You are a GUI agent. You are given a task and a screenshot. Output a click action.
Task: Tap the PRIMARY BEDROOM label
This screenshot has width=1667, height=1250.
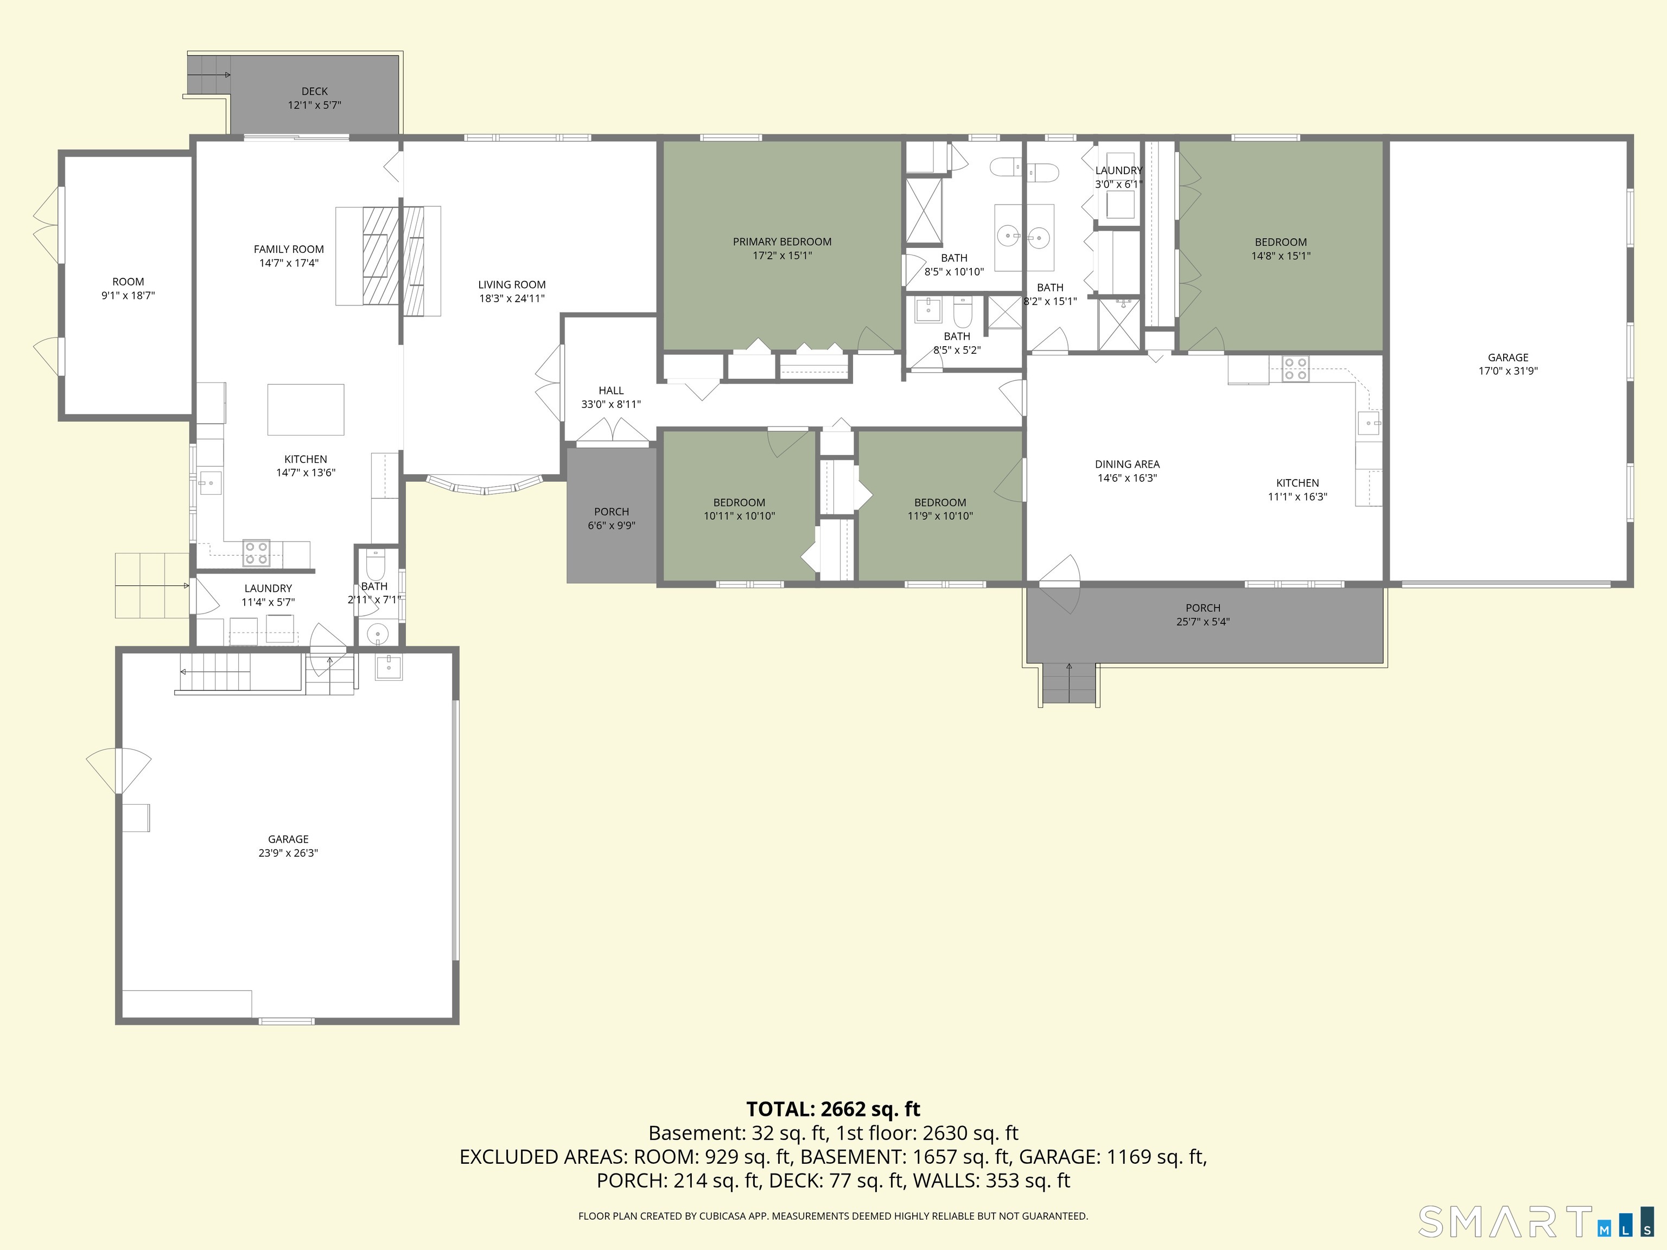pyautogui.click(x=782, y=242)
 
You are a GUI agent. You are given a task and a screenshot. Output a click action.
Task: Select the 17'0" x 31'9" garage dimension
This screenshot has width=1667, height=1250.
pyautogui.click(x=1508, y=371)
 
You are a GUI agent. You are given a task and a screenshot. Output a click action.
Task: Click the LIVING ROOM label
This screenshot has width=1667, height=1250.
pyautogui.click(x=512, y=285)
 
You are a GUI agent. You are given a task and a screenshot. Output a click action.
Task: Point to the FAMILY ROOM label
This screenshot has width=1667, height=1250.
pyautogui.click(x=289, y=250)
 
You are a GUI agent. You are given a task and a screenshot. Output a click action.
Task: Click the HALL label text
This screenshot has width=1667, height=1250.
pyautogui.click(x=611, y=390)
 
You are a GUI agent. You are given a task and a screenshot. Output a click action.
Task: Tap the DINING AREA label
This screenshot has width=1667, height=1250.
pyautogui.click(x=1128, y=464)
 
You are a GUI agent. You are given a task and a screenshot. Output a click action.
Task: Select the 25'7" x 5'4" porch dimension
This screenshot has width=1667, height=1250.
pyautogui.click(x=1203, y=622)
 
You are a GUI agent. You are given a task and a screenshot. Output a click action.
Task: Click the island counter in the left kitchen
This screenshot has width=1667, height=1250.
pyautogui.click(x=306, y=410)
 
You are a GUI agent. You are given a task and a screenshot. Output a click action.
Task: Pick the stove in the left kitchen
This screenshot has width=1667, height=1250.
pyautogui.click(x=256, y=553)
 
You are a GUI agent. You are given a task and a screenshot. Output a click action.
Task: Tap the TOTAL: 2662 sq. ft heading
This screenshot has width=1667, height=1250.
pyautogui.click(x=833, y=1109)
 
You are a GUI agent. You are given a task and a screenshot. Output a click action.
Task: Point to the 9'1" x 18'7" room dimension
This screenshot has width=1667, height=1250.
pyautogui.click(x=128, y=295)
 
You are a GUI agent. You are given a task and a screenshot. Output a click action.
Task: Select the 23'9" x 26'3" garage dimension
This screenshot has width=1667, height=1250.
pyautogui.click(x=288, y=853)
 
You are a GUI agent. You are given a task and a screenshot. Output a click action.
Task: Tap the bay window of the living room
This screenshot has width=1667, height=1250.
pyautogui.click(x=485, y=485)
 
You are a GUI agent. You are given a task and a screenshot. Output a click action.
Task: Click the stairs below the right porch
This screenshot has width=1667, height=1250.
pyautogui.click(x=1068, y=684)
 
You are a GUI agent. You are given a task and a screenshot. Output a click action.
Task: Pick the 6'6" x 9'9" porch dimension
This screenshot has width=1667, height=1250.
pyautogui.click(x=611, y=525)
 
